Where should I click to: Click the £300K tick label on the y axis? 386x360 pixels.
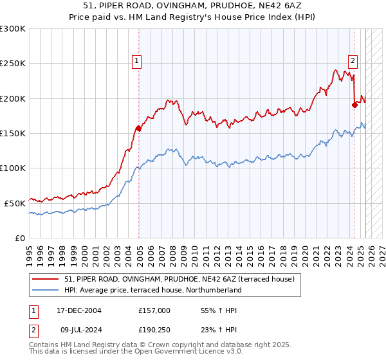click(14, 29)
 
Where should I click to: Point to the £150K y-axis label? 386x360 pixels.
click(14, 133)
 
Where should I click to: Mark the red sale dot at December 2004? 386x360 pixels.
click(138, 128)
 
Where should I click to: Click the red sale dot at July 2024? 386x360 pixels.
click(354, 105)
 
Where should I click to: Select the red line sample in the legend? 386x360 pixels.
click(46, 279)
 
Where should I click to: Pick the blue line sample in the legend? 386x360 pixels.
click(46, 290)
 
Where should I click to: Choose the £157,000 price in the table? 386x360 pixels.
click(154, 310)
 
